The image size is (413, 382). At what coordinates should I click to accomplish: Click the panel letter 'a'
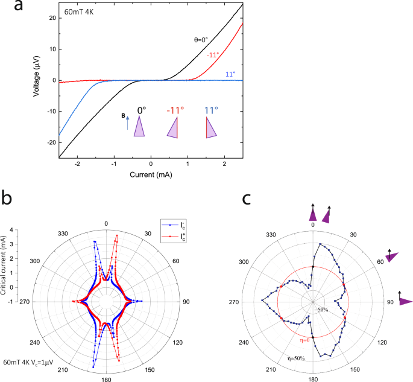[x=19, y=6]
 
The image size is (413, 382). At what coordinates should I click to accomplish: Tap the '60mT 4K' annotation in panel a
[x=79, y=12]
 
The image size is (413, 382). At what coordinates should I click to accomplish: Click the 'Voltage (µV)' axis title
[x=36, y=76]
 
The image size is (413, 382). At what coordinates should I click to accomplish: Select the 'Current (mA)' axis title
[x=151, y=174]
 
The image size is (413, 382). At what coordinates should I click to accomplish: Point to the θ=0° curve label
[x=201, y=40]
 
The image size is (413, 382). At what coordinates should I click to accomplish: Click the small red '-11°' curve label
[x=213, y=55]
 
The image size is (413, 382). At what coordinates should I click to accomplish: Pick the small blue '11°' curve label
[x=230, y=74]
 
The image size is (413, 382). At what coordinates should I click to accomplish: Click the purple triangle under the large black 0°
[x=139, y=126]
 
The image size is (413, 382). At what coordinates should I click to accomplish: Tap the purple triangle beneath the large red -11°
[x=172, y=127]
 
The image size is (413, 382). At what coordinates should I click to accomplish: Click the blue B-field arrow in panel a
[x=128, y=123]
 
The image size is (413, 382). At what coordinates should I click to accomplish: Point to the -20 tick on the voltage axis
[x=51, y=142]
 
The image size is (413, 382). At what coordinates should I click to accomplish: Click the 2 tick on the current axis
[x=224, y=164]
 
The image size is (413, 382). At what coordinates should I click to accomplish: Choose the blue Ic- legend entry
[x=174, y=225]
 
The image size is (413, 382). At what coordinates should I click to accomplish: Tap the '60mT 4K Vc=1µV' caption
[x=28, y=362]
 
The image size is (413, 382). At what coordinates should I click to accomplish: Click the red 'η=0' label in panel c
[x=304, y=340]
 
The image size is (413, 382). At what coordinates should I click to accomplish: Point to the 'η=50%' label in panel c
[x=296, y=358]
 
